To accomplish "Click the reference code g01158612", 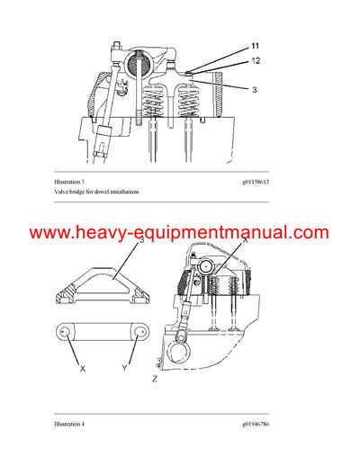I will [261, 183].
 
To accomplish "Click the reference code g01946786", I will [261, 423].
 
